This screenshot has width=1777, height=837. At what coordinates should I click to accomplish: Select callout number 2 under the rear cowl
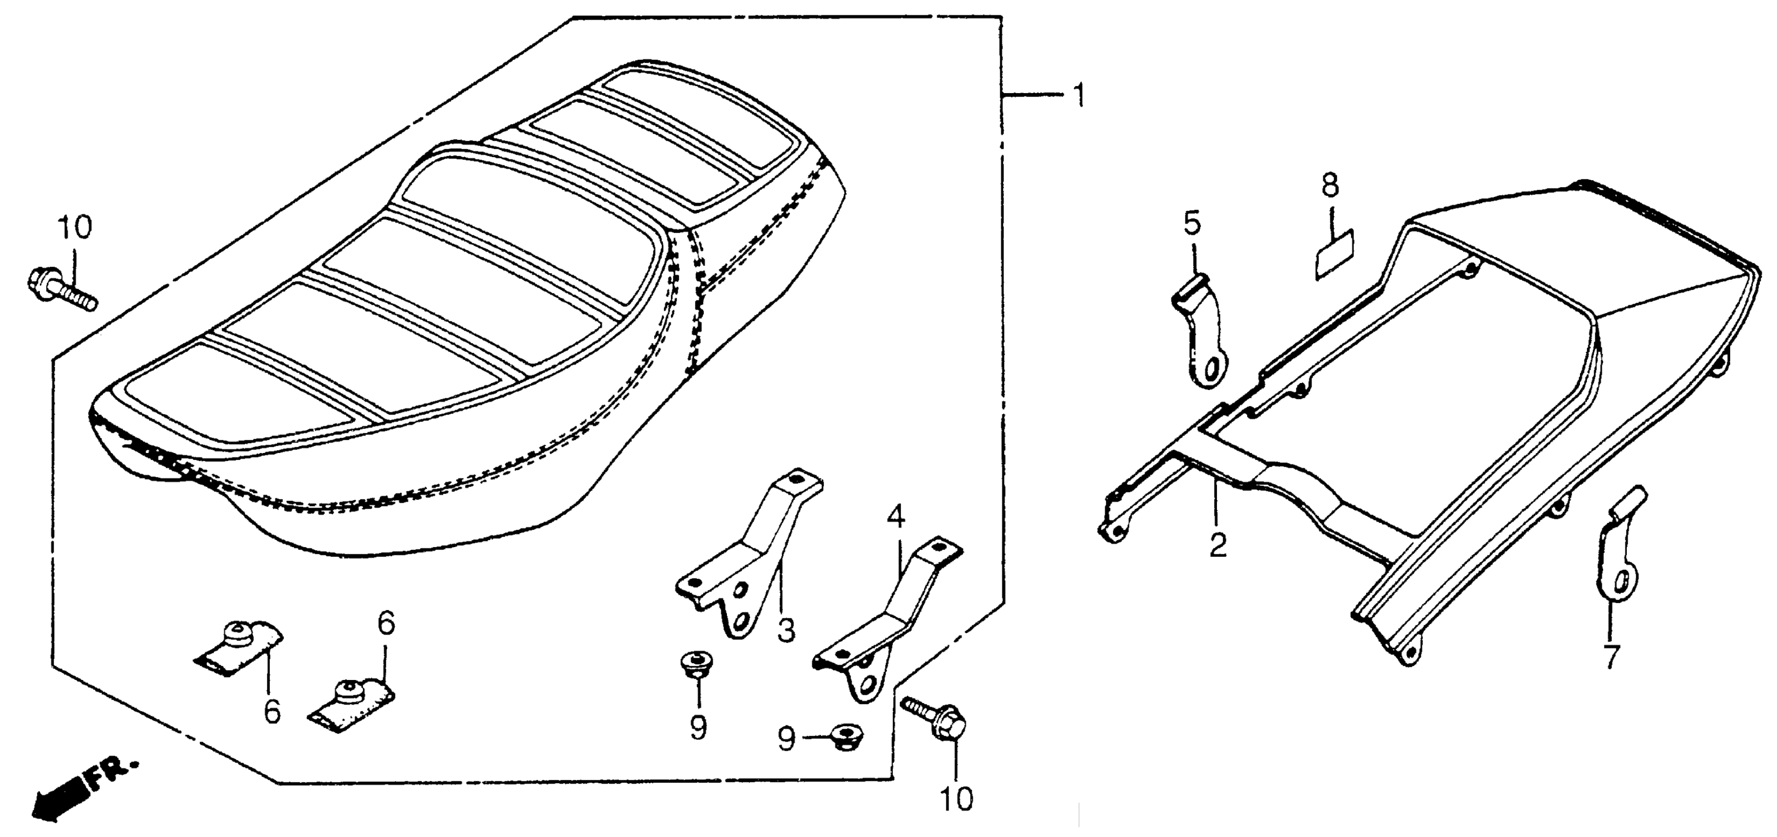[x=1218, y=546]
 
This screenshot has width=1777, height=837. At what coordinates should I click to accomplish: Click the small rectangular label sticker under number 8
[x=1333, y=255]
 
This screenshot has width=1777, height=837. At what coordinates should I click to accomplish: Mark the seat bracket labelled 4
[x=880, y=620]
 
